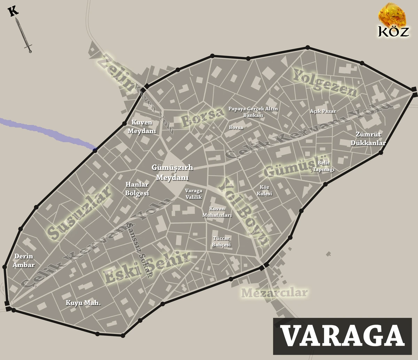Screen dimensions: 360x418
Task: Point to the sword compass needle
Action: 24,35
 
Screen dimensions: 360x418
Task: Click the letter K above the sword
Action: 13,11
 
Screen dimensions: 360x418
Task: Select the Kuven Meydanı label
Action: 142,127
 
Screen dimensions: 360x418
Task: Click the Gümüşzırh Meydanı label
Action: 172,172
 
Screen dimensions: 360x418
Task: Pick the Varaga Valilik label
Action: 194,194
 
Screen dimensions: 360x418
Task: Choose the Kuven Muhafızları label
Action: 217,212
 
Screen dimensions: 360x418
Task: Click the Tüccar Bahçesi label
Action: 221,242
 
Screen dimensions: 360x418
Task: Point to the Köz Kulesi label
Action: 266,190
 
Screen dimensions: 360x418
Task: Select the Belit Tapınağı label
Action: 324,166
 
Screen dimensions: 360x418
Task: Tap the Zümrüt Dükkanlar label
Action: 371,139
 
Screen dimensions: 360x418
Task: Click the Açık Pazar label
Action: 323,112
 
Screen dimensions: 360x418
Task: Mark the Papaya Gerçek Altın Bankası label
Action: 253,112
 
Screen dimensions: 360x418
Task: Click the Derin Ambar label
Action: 24,261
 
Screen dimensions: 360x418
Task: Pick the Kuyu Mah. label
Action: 83,303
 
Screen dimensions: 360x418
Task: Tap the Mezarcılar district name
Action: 275,293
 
